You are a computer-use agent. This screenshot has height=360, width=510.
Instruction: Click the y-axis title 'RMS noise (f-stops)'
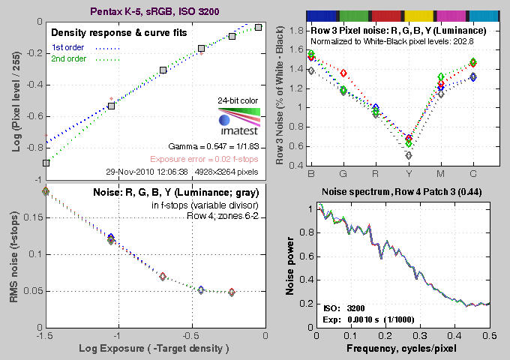[x=13, y=255]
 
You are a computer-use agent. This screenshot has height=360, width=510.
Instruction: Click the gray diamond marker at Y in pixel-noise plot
[x=409, y=155]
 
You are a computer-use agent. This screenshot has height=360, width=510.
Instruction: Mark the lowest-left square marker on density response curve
[x=46, y=163]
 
